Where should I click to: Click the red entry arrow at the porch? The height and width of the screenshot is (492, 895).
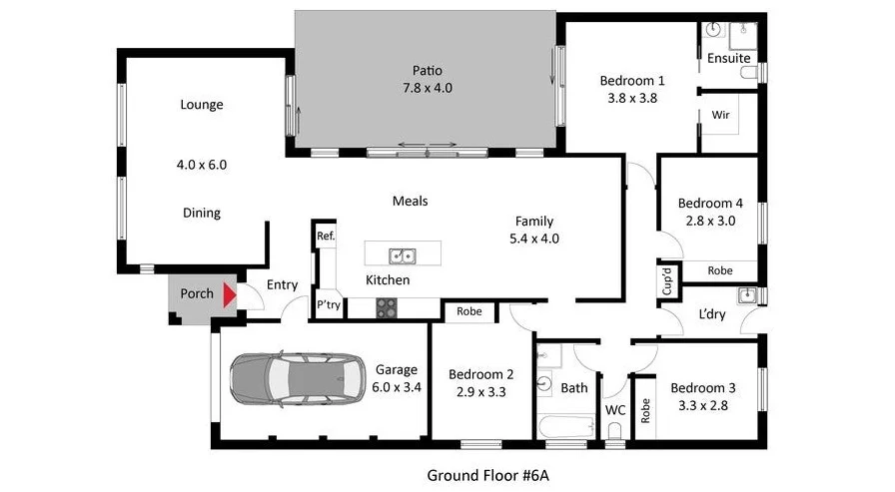pos(229,294)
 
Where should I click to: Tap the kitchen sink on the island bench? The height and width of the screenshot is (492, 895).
pos(403,255)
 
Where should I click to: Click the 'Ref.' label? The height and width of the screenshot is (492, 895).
pos(325,237)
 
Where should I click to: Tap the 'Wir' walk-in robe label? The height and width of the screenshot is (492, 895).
pos(719,115)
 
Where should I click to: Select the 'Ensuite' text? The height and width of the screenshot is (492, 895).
pos(728,58)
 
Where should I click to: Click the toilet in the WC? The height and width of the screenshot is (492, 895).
pos(614,429)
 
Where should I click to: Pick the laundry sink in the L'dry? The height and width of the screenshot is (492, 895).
pos(745,295)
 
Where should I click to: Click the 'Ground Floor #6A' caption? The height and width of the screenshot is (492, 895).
pos(488,474)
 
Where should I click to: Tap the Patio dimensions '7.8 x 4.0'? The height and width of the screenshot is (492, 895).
pos(427,88)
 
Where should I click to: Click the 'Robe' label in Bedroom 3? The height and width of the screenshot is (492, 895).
pos(645,410)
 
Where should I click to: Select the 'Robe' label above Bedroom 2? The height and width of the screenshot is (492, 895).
pos(468,311)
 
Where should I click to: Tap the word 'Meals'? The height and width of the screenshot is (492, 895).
pos(410,201)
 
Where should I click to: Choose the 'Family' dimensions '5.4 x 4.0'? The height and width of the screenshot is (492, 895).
pos(534,239)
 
